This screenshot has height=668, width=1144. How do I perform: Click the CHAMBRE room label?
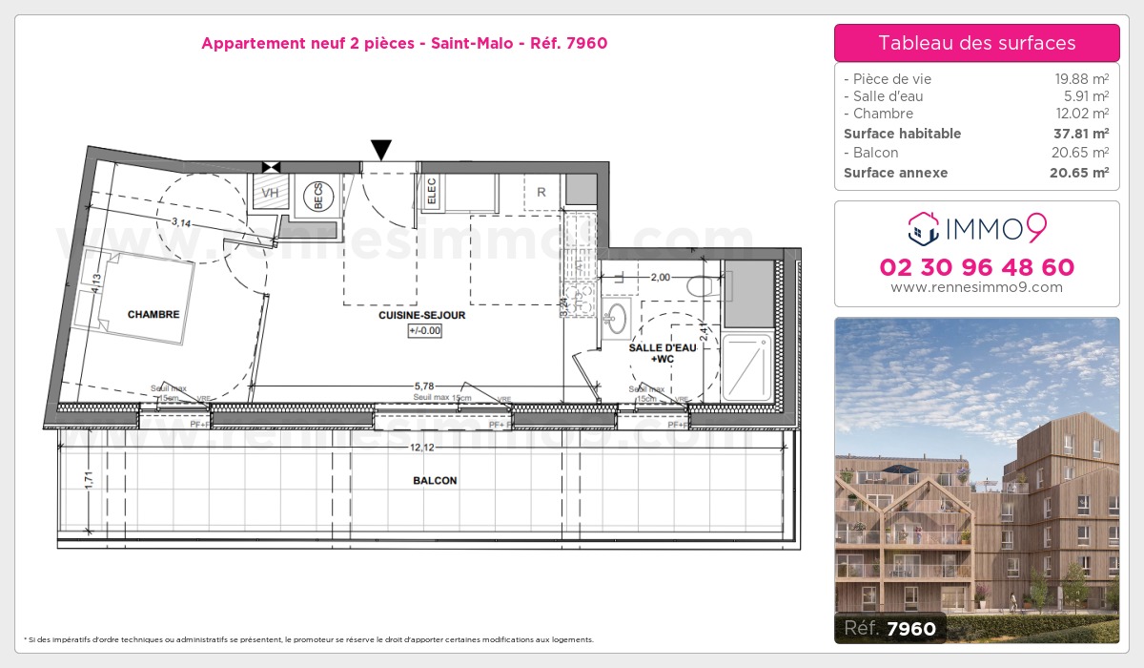tap(153, 314)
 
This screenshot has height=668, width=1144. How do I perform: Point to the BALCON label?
tap(435, 481)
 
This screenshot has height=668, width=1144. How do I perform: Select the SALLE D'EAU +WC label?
tap(662, 353)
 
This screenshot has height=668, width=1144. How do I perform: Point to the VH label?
tap(271, 193)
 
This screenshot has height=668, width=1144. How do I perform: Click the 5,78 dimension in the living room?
tap(422, 386)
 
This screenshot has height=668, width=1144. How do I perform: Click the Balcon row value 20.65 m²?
tap(1089, 153)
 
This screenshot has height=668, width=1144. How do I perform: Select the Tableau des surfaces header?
tap(977, 43)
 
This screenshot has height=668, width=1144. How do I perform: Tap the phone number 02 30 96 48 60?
tap(977, 267)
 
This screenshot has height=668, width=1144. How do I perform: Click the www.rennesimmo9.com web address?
tap(977, 287)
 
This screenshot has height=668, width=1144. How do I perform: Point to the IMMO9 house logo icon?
tap(920, 228)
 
